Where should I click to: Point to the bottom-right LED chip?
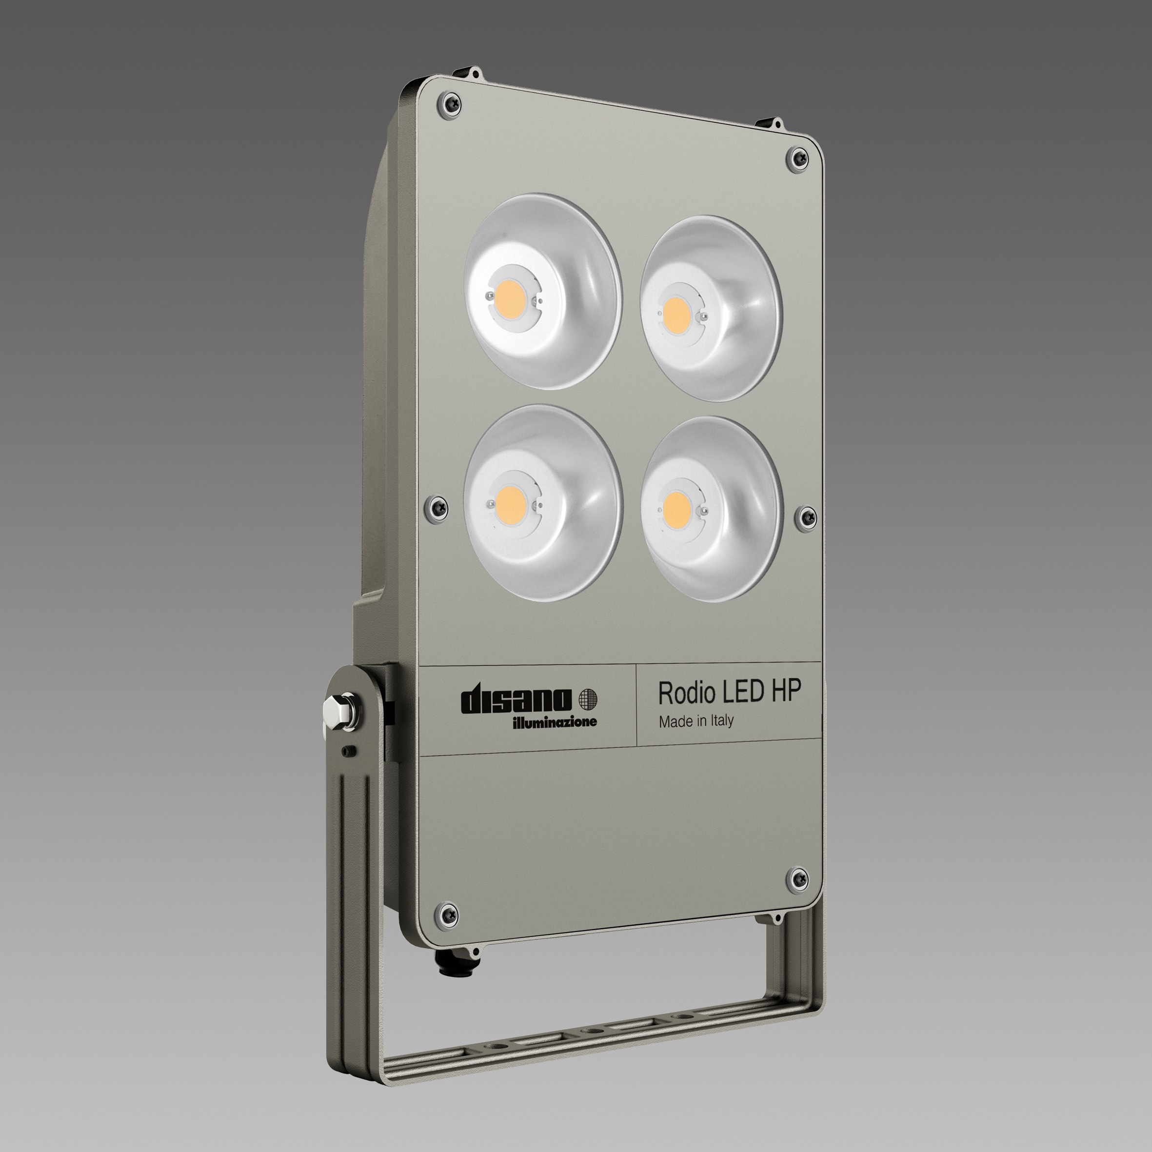pos(675,508)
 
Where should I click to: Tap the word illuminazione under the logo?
pos(554,723)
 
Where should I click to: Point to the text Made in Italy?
pos(696,721)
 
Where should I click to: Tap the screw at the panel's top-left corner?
pos(450,102)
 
